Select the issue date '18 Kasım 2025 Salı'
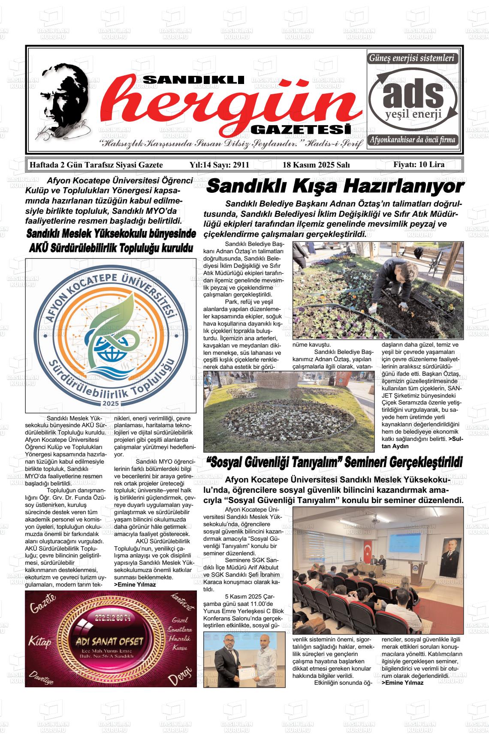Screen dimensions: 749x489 [x=317, y=165]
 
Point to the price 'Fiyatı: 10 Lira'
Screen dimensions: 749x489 [x=419, y=165]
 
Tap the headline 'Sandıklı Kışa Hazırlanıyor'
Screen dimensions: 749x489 [x=335, y=187]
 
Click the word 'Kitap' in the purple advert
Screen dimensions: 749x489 [x=40, y=641]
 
